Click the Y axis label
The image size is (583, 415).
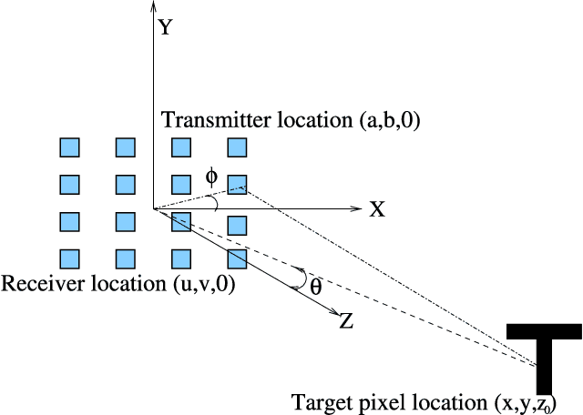pyautogui.click(x=165, y=27)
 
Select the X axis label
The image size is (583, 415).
pyautogui.click(x=377, y=209)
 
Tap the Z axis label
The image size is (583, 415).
pyautogui.click(x=346, y=320)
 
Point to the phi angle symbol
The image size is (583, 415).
pyautogui.click(x=211, y=176)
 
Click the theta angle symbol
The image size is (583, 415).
pyautogui.click(x=315, y=285)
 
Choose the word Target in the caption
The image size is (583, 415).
pyautogui.click(x=316, y=401)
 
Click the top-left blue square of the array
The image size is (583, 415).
pyautogui.click(x=69, y=147)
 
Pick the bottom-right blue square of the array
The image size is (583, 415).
pyautogui.click(x=237, y=259)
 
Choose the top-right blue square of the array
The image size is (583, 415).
pyautogui.click(x=237, y=147)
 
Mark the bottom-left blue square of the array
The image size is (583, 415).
pyautogui.click(x=69, y=259)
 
